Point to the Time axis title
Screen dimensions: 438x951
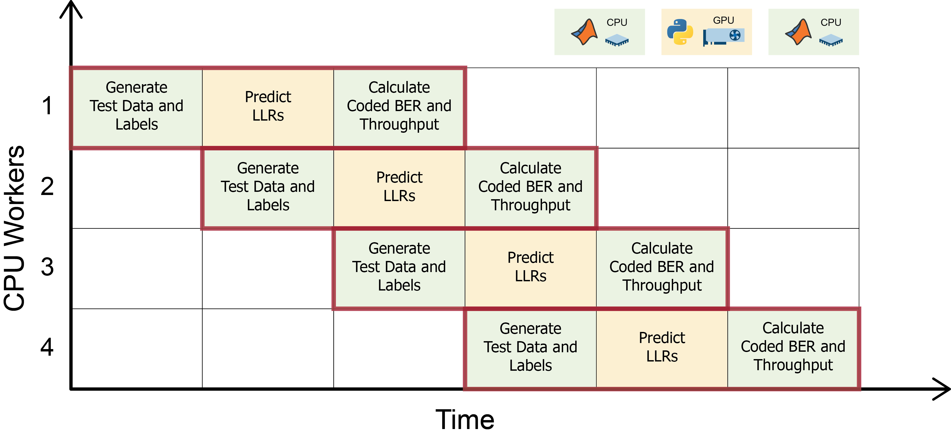(465, 420)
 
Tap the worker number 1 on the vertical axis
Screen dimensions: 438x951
(47, 106)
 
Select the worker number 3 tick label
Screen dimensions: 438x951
(47, 267)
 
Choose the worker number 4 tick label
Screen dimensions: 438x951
(47, 347)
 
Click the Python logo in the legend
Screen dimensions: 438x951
(680, 32)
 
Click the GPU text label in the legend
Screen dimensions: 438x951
(723, 20)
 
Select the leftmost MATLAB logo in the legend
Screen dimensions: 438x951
(585, 32)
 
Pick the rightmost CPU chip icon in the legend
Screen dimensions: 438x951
(831, 40)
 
